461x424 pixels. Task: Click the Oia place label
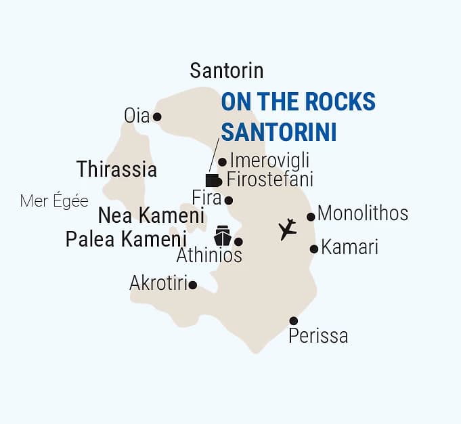click(x=136, y=116)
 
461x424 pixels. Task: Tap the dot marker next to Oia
click(x=157, y=116)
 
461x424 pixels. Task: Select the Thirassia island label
click(x=116, y=169)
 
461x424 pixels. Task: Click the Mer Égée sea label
click(x=54, y=201)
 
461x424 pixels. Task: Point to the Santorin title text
click(x=226, y=70)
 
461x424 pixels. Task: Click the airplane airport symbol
click(x=288, y=229)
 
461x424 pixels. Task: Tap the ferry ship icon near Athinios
click(x=223, y=236)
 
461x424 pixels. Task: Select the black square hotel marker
click(x=211, y=180)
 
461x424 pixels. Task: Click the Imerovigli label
click(x=269, y=161)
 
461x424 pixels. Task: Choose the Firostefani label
click(x=270, y=180)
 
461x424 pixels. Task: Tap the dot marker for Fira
click(x=229, y=200)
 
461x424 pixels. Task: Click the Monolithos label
click(x=362, y=214)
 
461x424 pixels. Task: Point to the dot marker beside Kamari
click(x=314, y=249)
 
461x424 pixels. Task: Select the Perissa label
click(x=318, y=336)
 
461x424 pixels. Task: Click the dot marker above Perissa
click(x=293, y=320)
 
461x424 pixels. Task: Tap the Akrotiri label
click(x=158, y=284)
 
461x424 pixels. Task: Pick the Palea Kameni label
click(x=126, y=240)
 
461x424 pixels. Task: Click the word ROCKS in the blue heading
click(x=336, y=102)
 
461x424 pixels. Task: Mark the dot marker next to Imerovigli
click(x=222, y=162)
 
